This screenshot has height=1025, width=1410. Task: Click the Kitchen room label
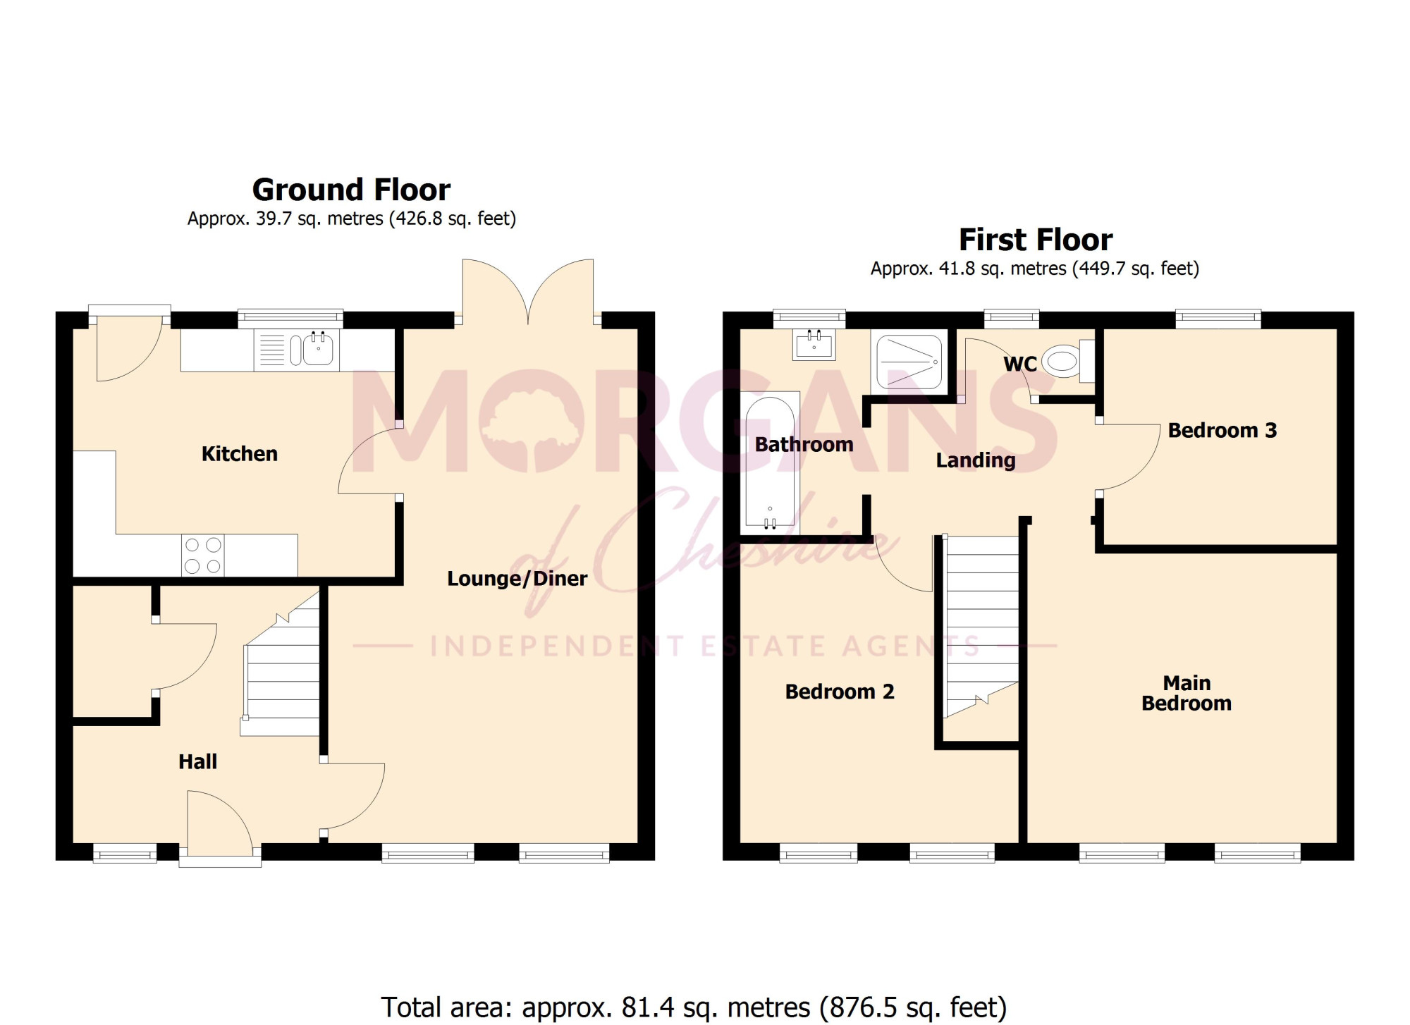click(x=240, y=453)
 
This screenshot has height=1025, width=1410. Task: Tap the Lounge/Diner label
click(x=517, y=579)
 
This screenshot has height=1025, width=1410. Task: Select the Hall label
click(x=198, y=761)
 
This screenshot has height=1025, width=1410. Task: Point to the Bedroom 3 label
click(x=1222, y=430)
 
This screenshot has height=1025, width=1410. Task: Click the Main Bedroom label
click(x=1187, y=693)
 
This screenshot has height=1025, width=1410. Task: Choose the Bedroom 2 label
click(x=840, y=692)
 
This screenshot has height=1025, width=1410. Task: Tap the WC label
click(x=1020, y=364)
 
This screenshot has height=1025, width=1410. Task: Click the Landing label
click(x=976, y=460)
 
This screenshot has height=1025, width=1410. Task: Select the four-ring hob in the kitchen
click(x=203, y=556)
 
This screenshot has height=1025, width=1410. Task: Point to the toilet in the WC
click(x=1069, y=362)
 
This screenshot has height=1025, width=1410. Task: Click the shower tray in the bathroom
click(x=909, y=362)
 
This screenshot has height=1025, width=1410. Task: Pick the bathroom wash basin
click(x=814, y=345)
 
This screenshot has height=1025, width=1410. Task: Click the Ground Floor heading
click(x=351, y=190)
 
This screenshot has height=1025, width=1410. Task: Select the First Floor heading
click(x=1036, y=240)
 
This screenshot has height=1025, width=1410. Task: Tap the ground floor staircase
click(x=281, y=663)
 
